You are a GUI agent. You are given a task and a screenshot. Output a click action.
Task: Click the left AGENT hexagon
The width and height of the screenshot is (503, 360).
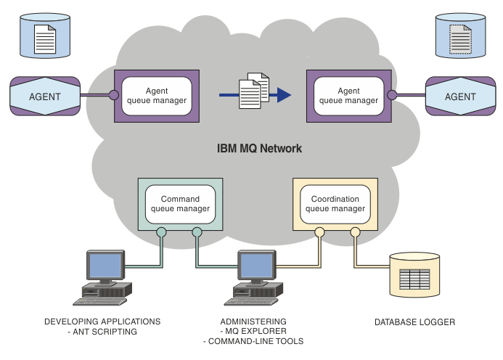pos(44,96)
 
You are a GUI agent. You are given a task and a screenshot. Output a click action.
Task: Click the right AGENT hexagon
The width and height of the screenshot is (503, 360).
pos(459,96)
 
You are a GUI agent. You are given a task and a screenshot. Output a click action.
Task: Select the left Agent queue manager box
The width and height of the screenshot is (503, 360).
pos(156,95)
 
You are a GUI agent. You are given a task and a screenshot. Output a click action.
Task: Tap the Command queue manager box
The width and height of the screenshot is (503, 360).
pos(180,203)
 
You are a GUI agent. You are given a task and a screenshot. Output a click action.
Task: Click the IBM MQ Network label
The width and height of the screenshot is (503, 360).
pos(259,148)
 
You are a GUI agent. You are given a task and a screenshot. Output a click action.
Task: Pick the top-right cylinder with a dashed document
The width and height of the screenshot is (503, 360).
pos(458,36)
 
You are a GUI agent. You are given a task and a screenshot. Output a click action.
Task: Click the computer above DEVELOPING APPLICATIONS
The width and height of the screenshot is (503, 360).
pos(105,277)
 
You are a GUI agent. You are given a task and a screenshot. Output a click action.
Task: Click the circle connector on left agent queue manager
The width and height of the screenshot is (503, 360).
pos(113,94)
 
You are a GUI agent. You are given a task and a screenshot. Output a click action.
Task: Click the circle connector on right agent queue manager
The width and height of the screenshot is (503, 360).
pos(392,94)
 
